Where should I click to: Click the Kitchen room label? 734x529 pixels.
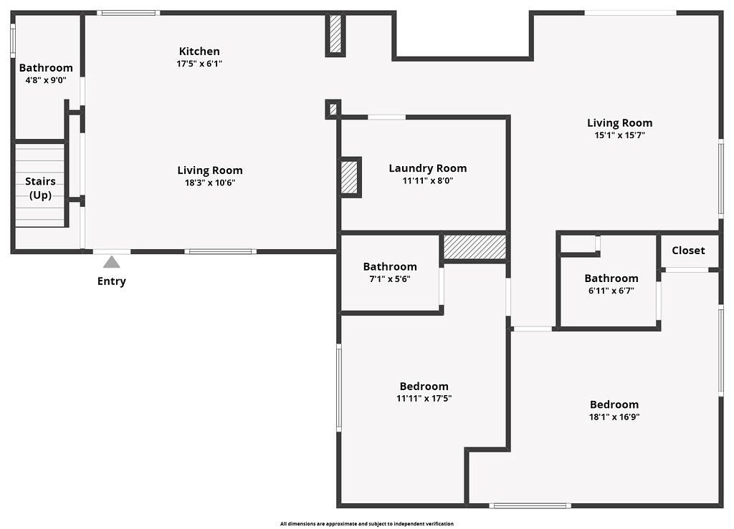[x=199, y=51]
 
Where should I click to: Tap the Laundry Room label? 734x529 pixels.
[x=428, y=168]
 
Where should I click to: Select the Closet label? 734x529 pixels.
[x=688, y=251]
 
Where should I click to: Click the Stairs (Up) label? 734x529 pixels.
[x=40, y=188]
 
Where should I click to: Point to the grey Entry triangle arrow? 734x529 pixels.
[x=111, y=262]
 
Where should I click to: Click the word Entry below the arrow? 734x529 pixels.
[x=111, y=281]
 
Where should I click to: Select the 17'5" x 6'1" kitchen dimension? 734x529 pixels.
[x=199, y=64]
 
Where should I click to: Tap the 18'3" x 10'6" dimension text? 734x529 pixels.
[x=210, y=183]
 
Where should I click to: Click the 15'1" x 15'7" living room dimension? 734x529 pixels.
[x=620, y=135]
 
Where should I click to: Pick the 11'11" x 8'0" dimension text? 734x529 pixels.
[x=428, y=180]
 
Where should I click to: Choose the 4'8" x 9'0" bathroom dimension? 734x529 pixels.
[x=46, y=80]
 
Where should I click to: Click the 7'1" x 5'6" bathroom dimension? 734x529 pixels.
[x=390, y=279]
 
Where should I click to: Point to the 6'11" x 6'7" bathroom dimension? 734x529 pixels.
[x=611, y=291]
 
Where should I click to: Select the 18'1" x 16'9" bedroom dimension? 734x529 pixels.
[x=614, y=417]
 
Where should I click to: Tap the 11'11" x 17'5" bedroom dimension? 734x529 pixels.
[x=424, y=399]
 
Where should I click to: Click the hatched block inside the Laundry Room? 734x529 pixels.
[x=349, y=177]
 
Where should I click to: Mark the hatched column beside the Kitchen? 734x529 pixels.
[x=335, y=34]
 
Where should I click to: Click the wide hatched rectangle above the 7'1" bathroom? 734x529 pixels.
[x=475, y=247]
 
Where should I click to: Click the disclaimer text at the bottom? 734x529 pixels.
[x=367, y=524]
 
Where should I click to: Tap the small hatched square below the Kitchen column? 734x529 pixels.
[x=333, y=110]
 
